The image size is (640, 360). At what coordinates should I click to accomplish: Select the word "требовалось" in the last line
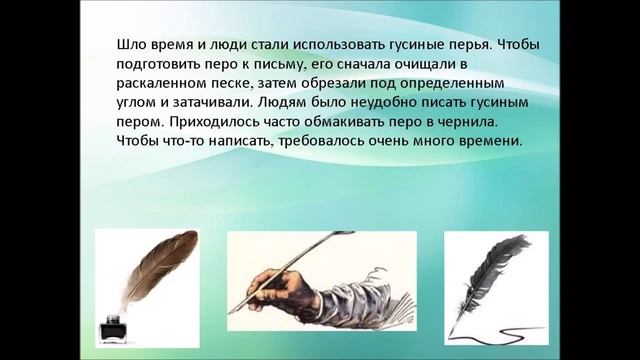[340, 142]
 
